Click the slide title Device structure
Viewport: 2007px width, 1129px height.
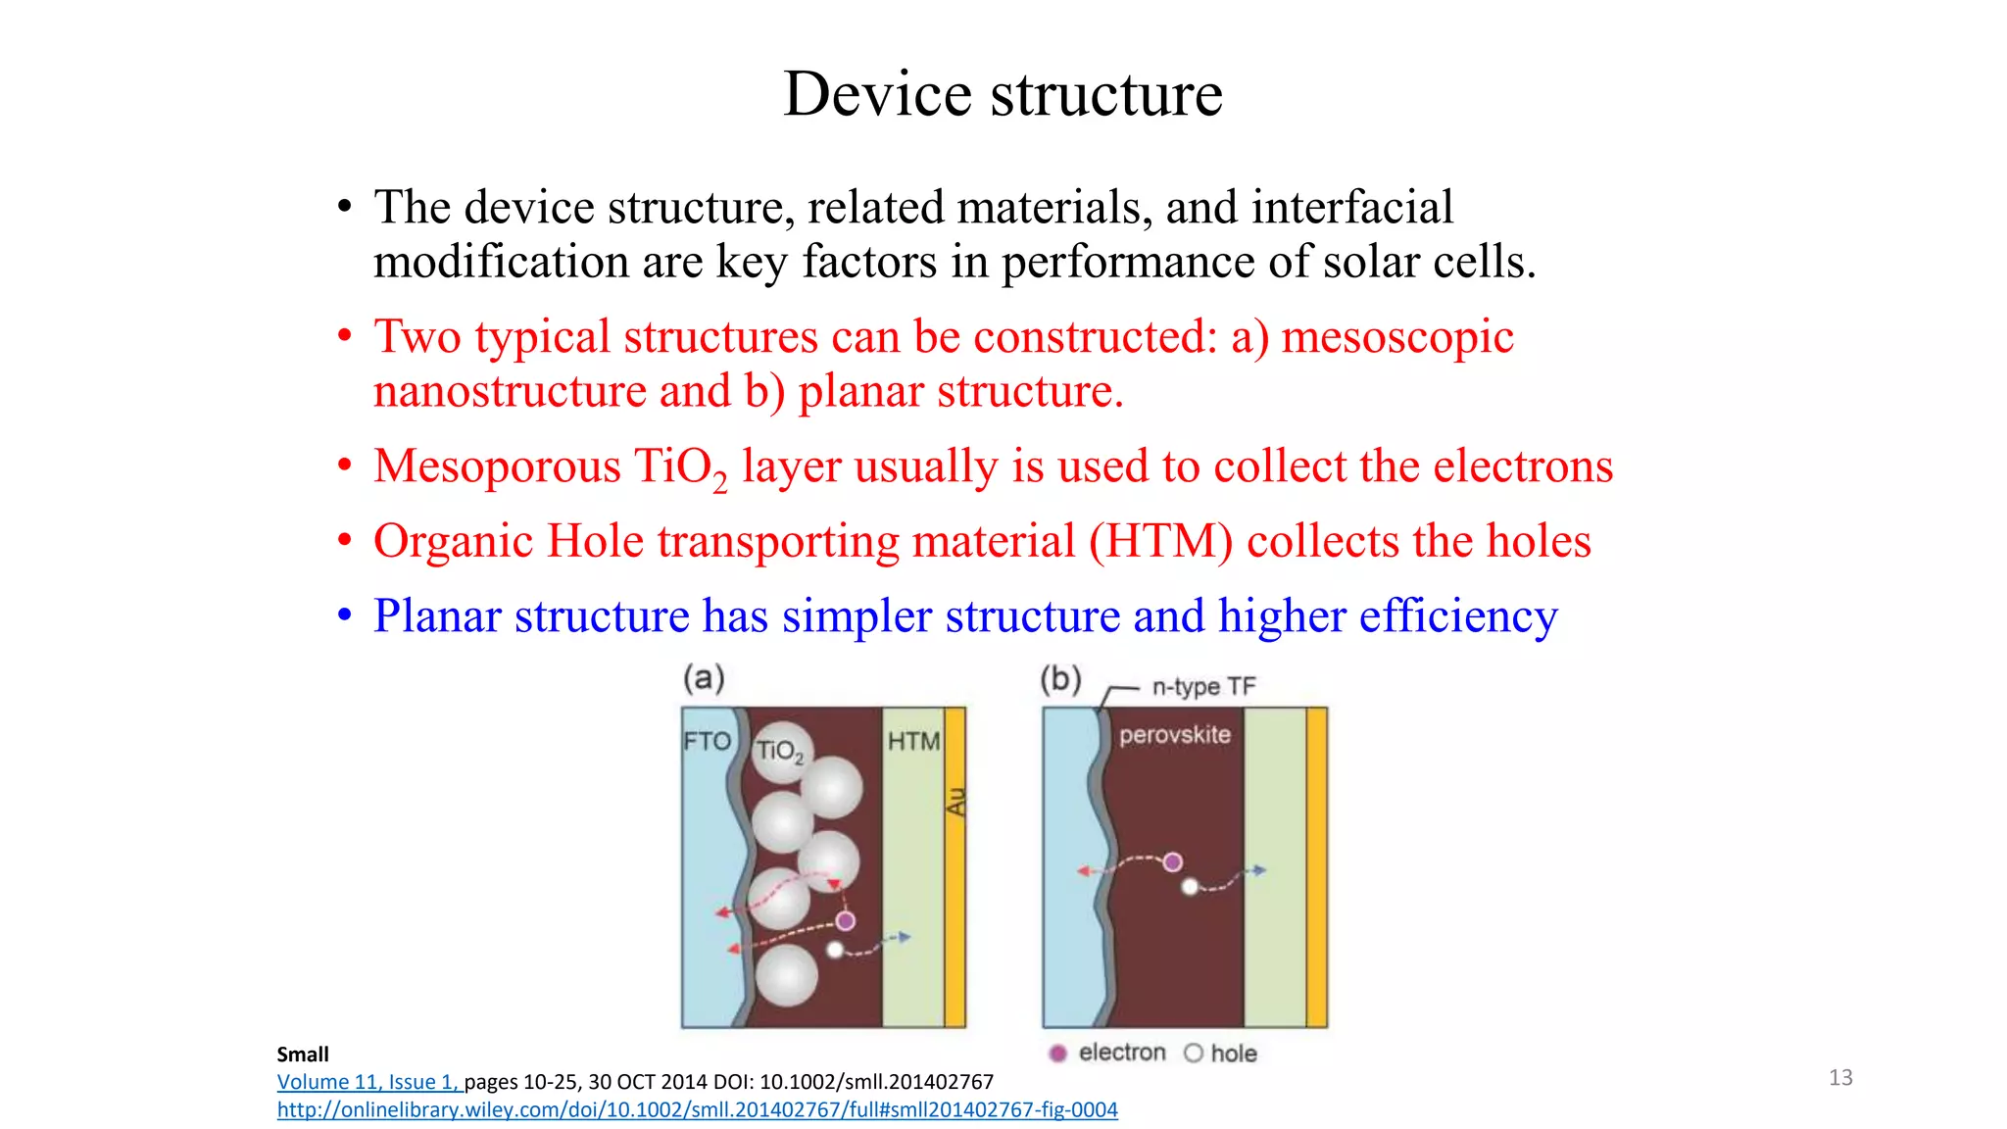[1003, 95]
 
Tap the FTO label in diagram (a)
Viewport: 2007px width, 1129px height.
[707, 741]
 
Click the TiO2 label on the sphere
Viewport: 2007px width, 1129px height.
[779, 752]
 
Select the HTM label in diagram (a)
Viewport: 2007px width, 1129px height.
[913, 742]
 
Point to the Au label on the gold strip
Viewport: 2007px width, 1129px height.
[955, 801]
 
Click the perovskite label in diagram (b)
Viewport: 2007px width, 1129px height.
[1174, 735]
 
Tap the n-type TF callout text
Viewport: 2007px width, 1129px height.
[1202, 687]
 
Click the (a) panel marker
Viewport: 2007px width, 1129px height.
[704, 678]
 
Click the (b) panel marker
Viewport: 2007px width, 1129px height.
[1060, 679]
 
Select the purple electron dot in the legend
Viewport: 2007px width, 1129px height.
[1057, 1054]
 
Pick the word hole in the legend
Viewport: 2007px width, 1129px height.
[1233, 1054]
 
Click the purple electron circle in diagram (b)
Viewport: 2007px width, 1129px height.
[1172, 862]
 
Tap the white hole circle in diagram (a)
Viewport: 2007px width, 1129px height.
[835, 950]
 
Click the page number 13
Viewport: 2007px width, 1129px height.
[1840, 1078]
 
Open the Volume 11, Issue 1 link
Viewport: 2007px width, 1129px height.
[367, 1082]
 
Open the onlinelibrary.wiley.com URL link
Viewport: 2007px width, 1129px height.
[697, 1110]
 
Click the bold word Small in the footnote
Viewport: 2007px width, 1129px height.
[303, 1055]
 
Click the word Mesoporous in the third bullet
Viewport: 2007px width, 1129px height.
[497, 466]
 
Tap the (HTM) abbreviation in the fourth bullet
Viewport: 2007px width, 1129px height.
[1160, 542]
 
